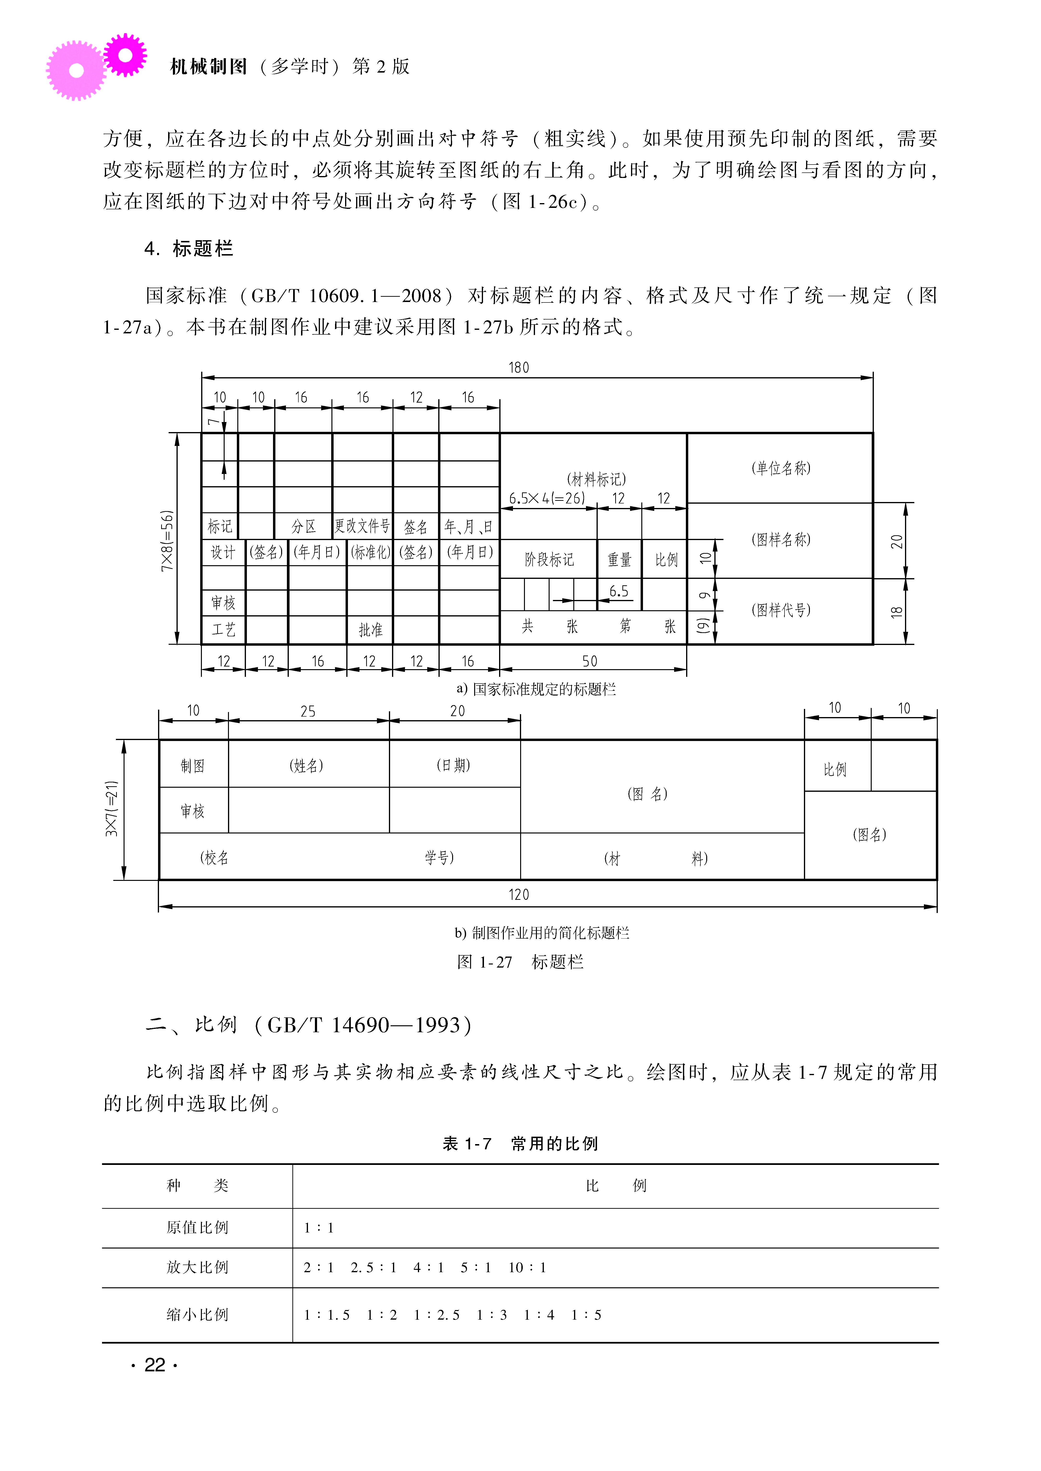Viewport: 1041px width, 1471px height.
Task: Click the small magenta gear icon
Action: click(x=125, y=55)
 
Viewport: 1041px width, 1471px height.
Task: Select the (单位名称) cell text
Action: click(x=781, y=468)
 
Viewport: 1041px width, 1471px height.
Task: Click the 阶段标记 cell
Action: click(x=549, y=559)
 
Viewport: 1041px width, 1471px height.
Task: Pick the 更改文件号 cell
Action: click(x=362, y=526)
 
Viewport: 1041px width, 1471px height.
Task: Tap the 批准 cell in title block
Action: click(x=370, y=630)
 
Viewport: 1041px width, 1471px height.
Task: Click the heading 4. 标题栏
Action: click(x=189, y=249)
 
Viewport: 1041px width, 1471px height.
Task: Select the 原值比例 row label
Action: click(x=197, y=1227)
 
